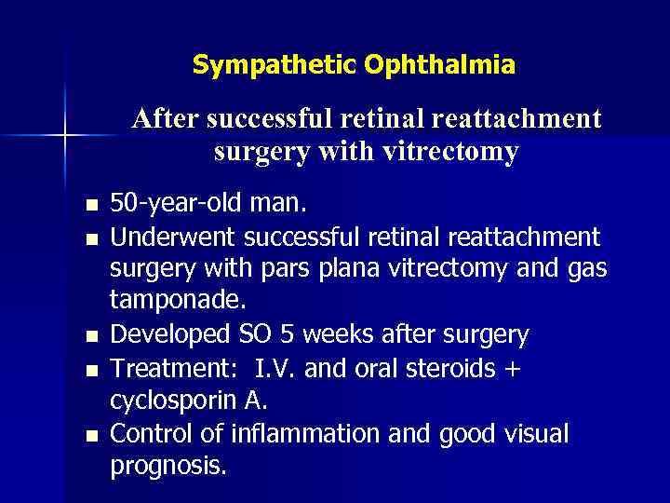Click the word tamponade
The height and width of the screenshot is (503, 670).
(166, 301)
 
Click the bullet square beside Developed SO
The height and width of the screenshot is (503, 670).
(89, 335)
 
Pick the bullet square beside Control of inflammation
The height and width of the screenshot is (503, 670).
(89, 435)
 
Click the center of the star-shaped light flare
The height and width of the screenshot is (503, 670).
(64, 136)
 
